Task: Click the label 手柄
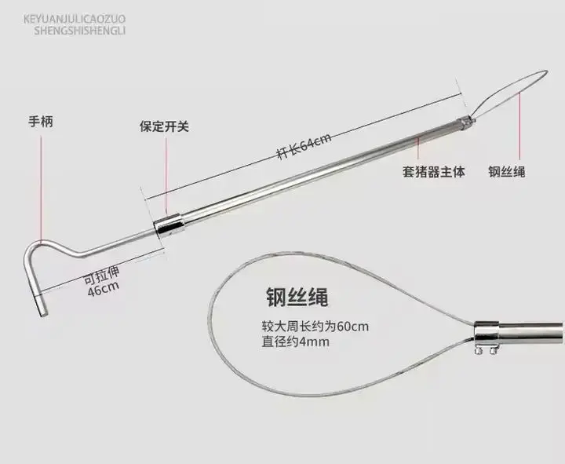pyautogui.click(x=41, y=122)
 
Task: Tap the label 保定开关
pyautogui.click(x=164, y=126)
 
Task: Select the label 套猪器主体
pyautogui.click(x=433, y=171)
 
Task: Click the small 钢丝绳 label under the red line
pyautogui.click(x=507, y=171)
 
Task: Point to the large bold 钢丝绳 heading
pyautogui.click(x=297, y=298)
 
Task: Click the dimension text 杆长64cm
pyautogui.click(x=304, y=146)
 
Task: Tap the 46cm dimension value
pyautogui.click(x=103, y=289)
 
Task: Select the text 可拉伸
pyautogui.click(x=101, y=276)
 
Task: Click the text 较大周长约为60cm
pyautogui.click(x=315, y=327)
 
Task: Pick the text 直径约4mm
pyautogui.click(x=296, y=342)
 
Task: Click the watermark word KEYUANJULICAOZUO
pyautogui.click(x=75, y=19)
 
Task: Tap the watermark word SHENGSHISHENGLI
pyautogui.click(x=79, y=31)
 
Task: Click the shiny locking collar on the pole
pyautogui.click(x=169, y=226)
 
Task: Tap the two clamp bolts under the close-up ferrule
pyautogui.click(x=485, y=350)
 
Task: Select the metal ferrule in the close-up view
pyautogui.click(x=487, y=332)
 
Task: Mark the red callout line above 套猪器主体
pyautogui.click(x=418, y=148)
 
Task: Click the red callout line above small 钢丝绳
pyautogui.click(x=519, y=126)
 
